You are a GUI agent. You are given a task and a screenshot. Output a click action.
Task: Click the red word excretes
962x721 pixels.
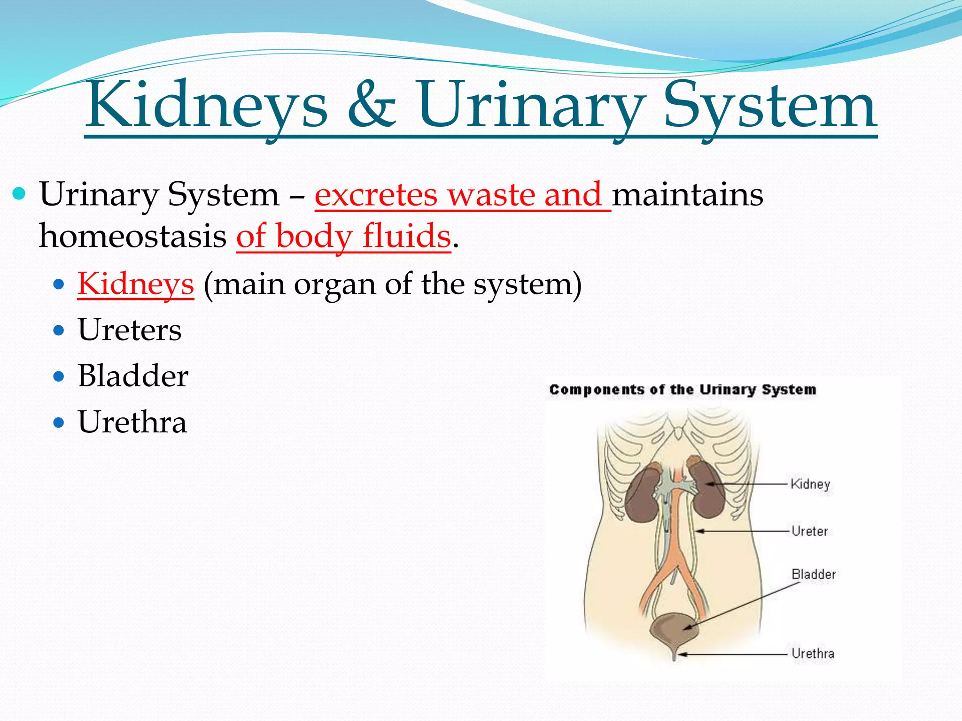point(376,195)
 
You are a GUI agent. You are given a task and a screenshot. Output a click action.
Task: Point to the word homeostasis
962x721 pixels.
point(132,236)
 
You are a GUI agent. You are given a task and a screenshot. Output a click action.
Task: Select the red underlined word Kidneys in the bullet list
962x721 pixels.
point(136,284)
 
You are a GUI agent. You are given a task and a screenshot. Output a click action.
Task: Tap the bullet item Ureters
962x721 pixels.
point(130,330)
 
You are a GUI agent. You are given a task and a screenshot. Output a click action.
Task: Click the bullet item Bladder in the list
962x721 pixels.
point(133,376)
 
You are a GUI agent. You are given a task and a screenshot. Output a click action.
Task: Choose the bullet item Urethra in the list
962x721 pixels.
point(132,422)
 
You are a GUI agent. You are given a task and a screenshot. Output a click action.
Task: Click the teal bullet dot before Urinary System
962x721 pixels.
point(19,193)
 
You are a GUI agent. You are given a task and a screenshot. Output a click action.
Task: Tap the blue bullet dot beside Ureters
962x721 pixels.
point(59,330)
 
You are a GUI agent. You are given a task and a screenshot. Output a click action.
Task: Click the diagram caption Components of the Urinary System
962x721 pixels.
point(683,390)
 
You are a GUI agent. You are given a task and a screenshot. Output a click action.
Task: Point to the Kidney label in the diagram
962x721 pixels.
point(810,484)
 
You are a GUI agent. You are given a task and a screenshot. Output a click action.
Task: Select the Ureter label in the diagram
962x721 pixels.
point(809,531)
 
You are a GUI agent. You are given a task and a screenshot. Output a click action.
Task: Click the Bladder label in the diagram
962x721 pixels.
point(813,575)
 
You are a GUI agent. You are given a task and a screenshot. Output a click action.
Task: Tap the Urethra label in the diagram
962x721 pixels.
point(813,653)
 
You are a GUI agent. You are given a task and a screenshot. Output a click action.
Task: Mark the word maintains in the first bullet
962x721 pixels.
point(687,195)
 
